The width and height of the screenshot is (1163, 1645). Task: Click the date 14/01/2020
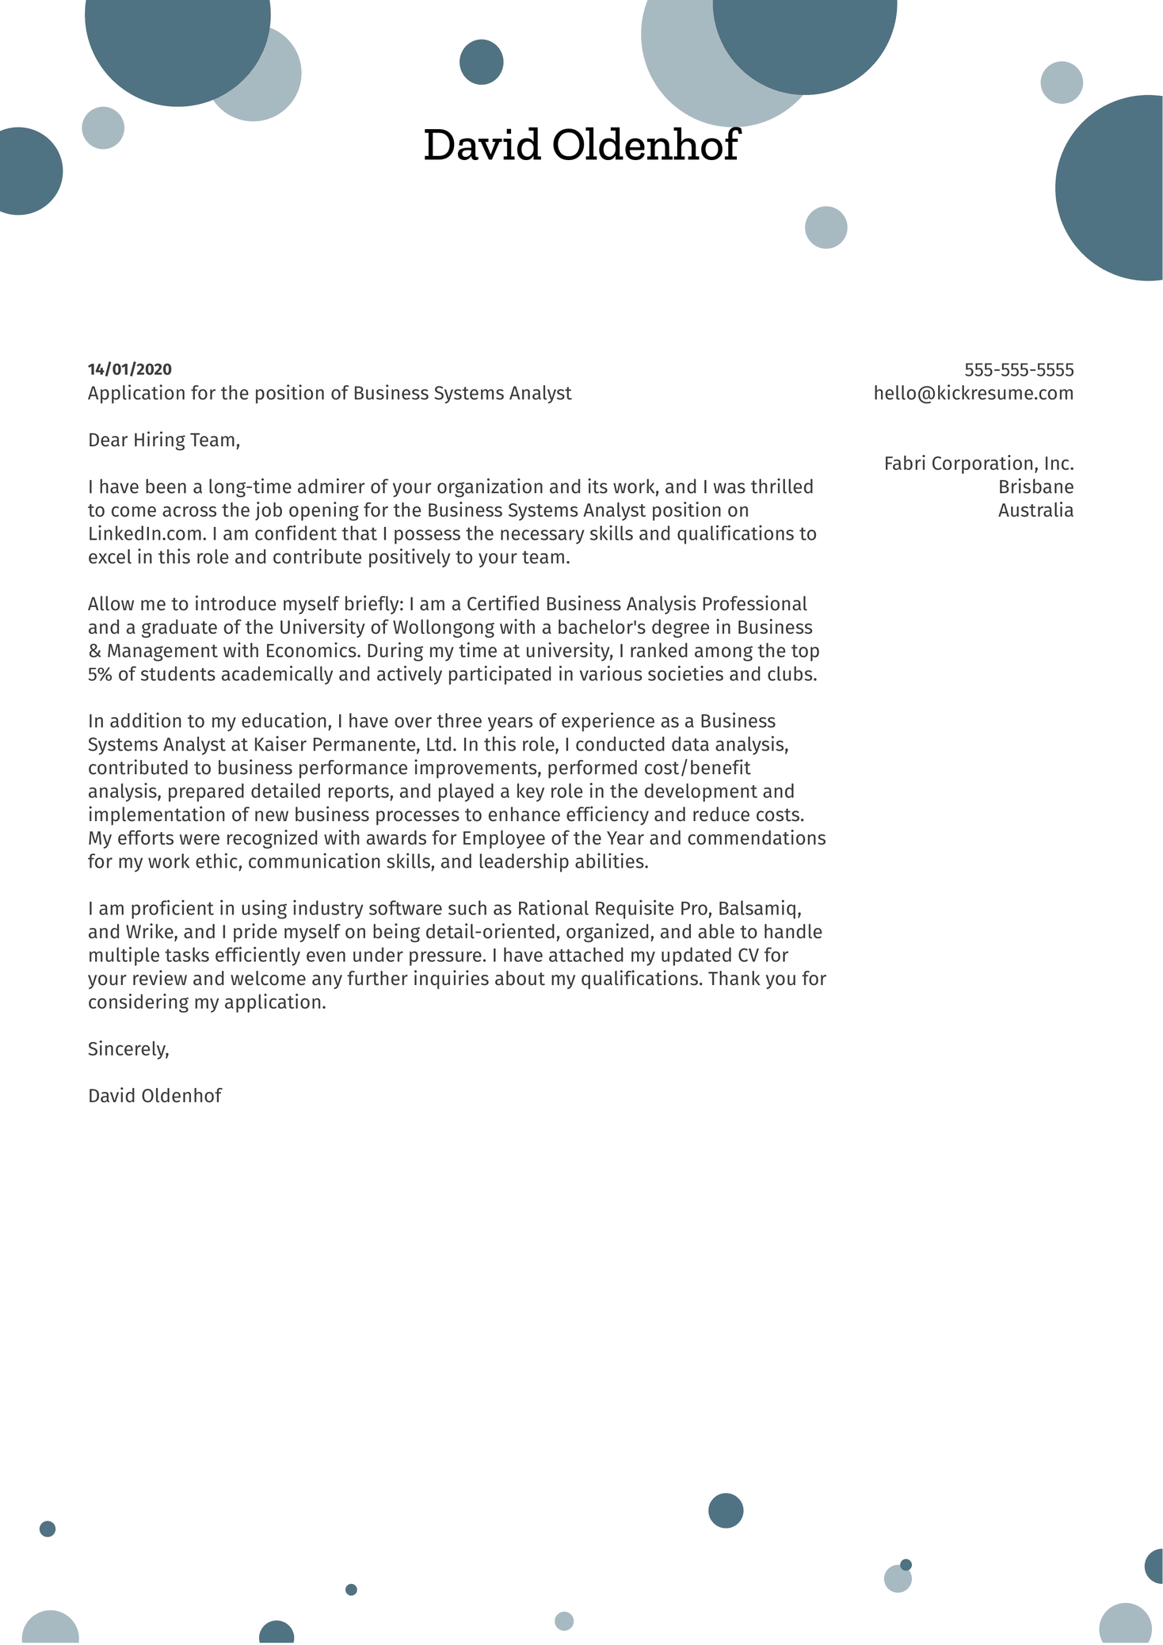point(129,369)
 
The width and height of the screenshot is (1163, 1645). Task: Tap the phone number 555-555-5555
point(1018,370)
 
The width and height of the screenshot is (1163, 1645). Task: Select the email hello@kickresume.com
point(973,393)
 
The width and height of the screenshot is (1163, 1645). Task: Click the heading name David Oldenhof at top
point(581,146)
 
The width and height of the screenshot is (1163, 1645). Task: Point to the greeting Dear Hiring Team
point(163,440)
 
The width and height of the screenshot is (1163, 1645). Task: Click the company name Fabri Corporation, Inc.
point(978,464)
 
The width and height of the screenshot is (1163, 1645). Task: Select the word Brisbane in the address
point(1035,487)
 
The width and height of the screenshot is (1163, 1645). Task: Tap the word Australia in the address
point(1035,510)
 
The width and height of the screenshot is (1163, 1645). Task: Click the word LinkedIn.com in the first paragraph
point(146,534)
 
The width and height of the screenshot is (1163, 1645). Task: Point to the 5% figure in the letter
point(101,675)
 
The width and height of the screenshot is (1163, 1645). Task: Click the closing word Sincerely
point(128,1049)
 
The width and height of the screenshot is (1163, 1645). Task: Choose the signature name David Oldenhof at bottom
point(154,1096)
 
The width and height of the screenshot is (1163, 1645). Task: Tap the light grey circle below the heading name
point(826,227)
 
